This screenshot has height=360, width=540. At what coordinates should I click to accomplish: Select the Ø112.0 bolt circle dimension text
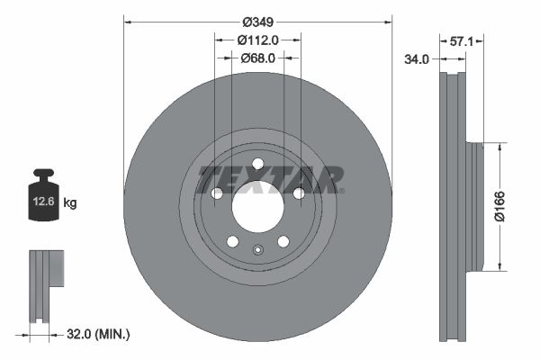[x=257, y=40]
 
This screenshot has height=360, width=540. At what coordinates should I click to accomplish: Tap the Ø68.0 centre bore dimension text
[x=257, y=58]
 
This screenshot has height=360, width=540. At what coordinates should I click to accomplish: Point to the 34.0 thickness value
[x=416, y=58]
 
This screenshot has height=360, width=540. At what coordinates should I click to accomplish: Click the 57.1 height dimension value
[x=462, y=40]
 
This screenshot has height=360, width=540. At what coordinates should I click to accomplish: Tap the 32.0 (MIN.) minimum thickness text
[x=100, y=334]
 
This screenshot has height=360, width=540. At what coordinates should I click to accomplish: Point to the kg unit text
[x=70, y=203]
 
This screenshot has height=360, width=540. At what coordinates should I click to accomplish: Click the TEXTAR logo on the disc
[x=270, y=178]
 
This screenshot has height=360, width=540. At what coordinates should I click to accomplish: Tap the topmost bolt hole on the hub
[x=257, y=163]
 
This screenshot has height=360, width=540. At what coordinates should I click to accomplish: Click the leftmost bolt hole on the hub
[x=216, y=193]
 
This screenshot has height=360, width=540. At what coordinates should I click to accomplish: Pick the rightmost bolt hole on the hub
[x=299, y=193]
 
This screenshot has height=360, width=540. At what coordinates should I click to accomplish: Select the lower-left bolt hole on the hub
[x=232, y=241]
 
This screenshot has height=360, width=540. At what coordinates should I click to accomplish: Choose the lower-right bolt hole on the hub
[x=283, y=241]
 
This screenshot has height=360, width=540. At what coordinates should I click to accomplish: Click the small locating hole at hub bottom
[x=257, y=251]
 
